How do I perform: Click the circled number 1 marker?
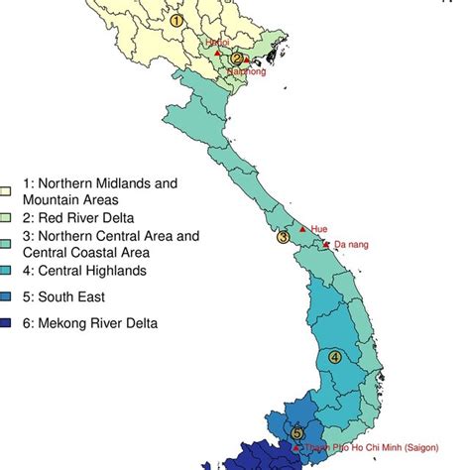click(x=176, y=20)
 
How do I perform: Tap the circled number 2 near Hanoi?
click(x=236, y=59)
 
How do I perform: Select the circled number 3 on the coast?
click(x=283, y=237)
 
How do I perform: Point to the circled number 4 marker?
click(x=335, y=357)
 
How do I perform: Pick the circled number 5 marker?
click(x=297, y=432)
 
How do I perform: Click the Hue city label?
click(x=318, y=228)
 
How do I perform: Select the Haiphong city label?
click(x=247, y=71)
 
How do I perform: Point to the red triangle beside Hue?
click(x=302, y=229)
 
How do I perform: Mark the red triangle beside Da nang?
click(x=327, y=244)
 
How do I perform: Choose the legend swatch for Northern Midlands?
click(x=7, y=190)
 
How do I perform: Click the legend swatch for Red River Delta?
click(x=7, y=217)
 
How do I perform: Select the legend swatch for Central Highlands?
click(x=7, y=270)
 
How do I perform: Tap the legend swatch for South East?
click(x=7, y=296)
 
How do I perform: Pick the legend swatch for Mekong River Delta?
click(x=7, y=323)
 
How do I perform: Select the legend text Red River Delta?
click(x=77, y=217)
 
